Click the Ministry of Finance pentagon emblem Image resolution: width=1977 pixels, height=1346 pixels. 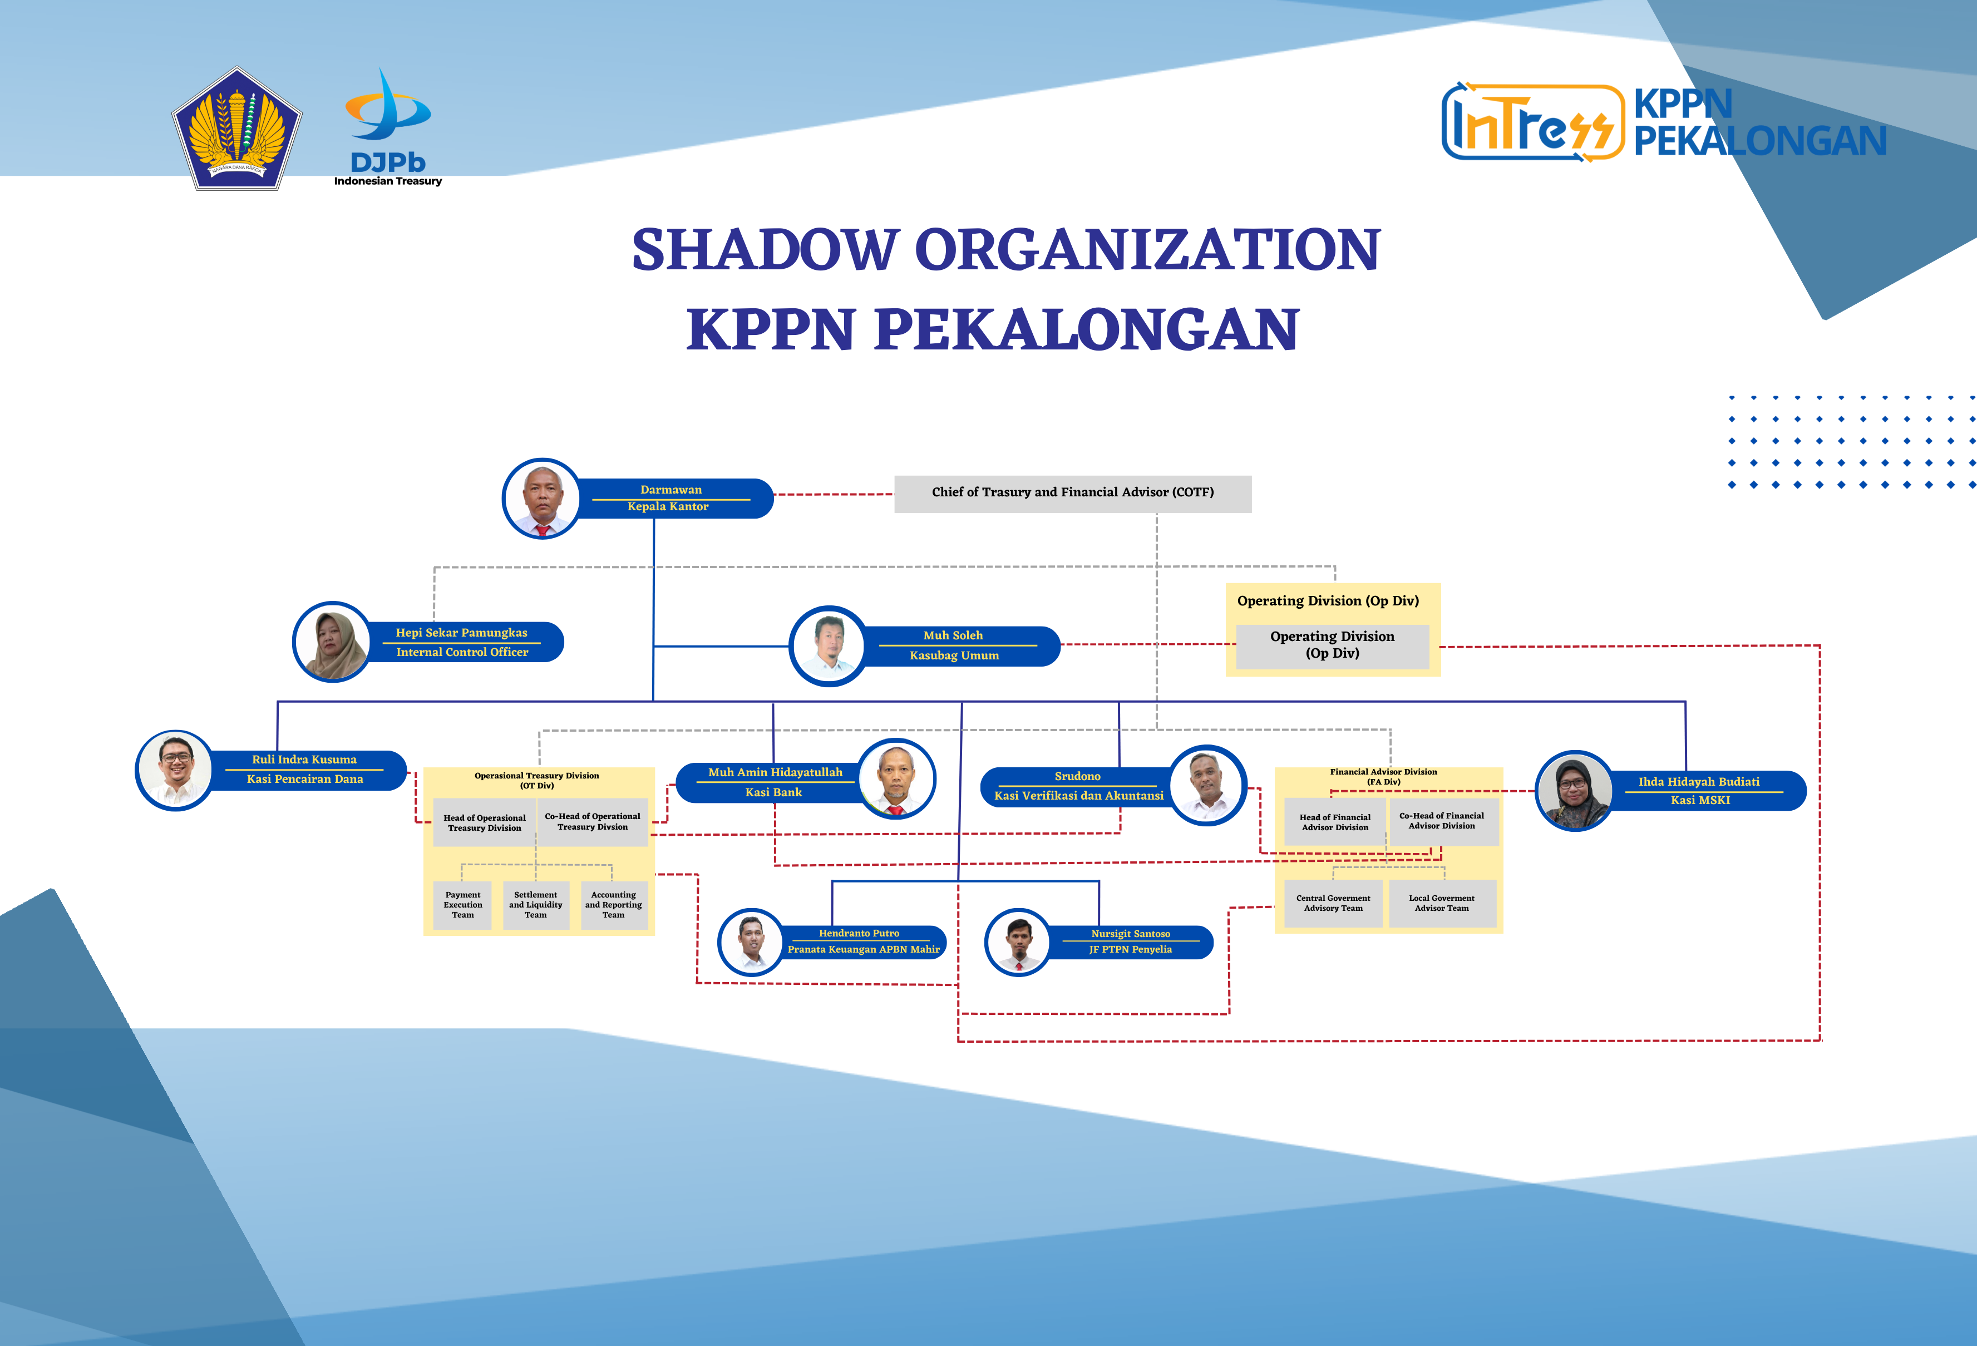tap(238, 129)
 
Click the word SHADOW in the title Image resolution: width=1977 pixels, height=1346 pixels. tap(765, 250)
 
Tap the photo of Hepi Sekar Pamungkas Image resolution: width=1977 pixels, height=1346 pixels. tap(332, 642)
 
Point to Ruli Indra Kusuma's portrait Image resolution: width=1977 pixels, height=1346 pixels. tap(175, 770)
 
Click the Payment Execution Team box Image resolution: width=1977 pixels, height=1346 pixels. tap(463, 905)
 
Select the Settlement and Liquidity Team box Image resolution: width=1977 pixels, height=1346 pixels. tap(536, 905)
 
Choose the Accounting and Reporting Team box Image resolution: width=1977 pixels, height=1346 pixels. tap(613, 905)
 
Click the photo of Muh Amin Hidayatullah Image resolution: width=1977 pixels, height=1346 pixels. tap(896, 778)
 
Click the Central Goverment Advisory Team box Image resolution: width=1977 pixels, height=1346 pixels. tap(1333, 904)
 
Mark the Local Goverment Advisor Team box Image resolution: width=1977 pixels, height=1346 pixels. tap(1442, 904)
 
